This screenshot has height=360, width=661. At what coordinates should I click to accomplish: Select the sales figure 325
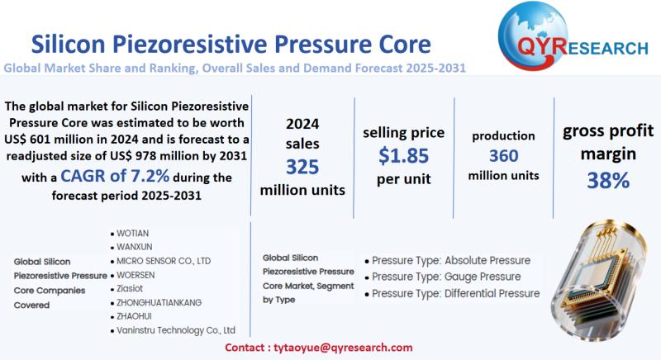tap(302, 166)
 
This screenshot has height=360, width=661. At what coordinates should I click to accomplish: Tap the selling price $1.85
tap(404, 154)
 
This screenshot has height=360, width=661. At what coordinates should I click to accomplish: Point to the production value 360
tap(503, 155)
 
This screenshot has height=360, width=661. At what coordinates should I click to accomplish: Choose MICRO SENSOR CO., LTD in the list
tap(164, 260)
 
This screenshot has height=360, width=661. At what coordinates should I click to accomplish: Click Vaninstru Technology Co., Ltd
tap(176, 330)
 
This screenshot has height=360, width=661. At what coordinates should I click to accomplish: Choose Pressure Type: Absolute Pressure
tap(450, 260)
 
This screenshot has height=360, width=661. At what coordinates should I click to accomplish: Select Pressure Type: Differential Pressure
tap(455, 293)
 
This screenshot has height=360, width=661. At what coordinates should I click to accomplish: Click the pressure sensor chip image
tap(603, 272)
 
